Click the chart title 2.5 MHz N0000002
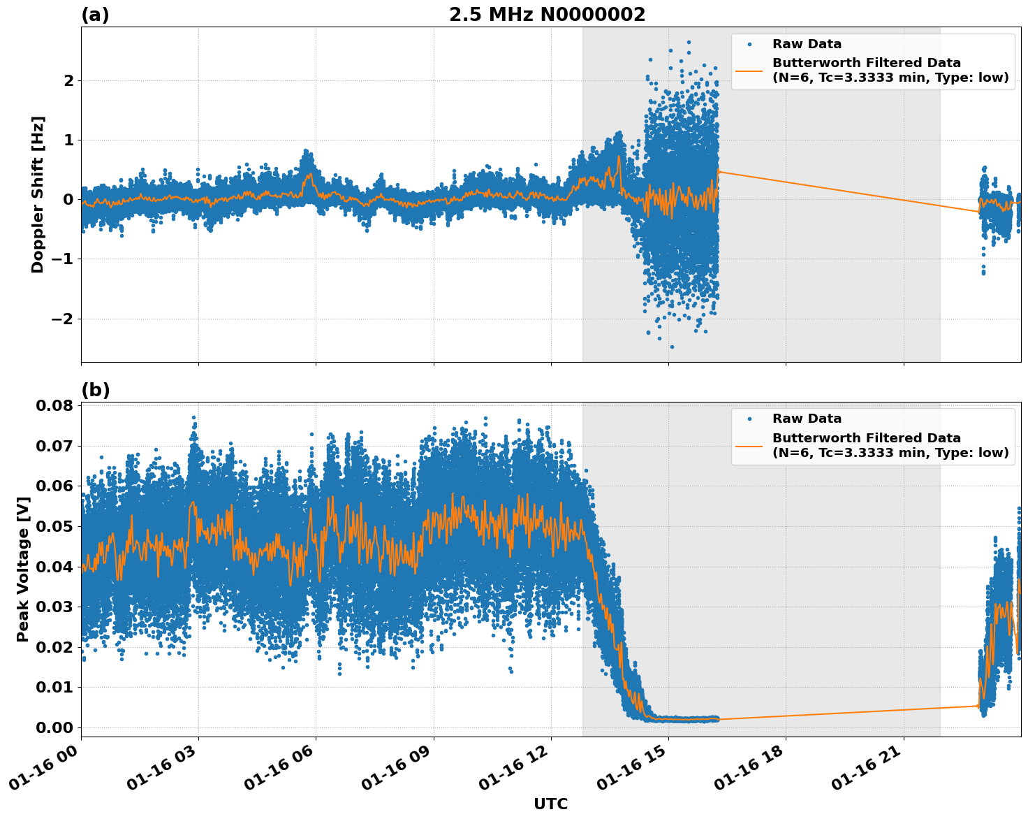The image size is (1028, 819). point(547,15)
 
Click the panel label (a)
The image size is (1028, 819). point(95,15)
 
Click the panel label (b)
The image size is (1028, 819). point(95,390)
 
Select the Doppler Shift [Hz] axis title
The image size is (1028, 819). point(38,194)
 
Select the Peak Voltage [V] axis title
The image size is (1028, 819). point(23,569)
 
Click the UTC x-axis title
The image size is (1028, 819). point(550,804)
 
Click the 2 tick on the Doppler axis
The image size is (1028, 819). point(68,80)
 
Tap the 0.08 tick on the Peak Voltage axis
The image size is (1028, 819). point(54,405)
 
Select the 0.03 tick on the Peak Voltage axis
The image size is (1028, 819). point(54,607)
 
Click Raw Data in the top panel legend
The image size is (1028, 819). point(807,44)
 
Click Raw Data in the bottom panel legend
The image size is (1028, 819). point(807,419)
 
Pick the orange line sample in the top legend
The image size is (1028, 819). point(749,70)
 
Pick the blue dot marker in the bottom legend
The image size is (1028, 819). point(749,419)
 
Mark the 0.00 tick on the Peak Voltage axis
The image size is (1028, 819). point(54,727)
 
